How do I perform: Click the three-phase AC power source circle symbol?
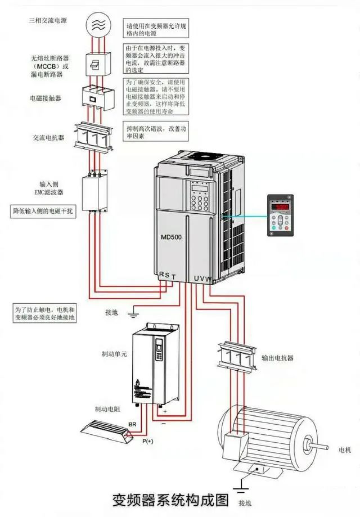pos(98,23)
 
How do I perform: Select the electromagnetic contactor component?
pos(98,96)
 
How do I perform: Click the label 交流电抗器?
pos(48,137)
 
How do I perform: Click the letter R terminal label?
pos(161,275)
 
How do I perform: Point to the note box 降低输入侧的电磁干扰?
pos(44,212)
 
